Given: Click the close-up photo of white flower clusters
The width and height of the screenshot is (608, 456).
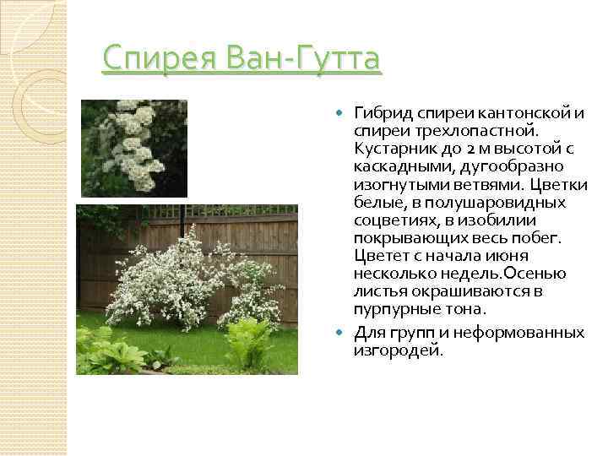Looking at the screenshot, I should [133, 148].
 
